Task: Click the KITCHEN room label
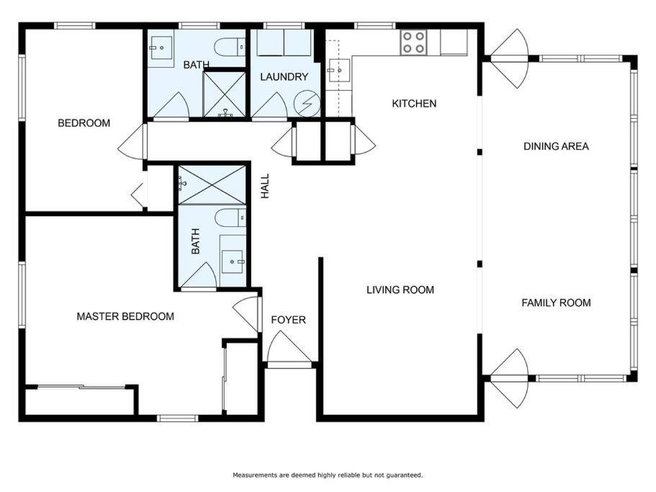[414, 103]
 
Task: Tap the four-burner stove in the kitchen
[414, 43]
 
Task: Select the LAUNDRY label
[284, 76]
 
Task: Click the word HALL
[265, 186]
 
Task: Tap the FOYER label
[288, 320]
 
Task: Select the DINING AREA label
[556, 146]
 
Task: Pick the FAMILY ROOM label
[556, 303]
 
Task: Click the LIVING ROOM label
[400, 290]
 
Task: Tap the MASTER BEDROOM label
[125, 316]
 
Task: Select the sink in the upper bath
[161, 48]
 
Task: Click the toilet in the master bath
[230, 218]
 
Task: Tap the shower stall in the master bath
[212, 185]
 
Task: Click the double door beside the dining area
[510, 58]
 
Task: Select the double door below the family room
[510, 379]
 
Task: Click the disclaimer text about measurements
[328, 475]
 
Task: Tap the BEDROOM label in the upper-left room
[84, 123]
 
